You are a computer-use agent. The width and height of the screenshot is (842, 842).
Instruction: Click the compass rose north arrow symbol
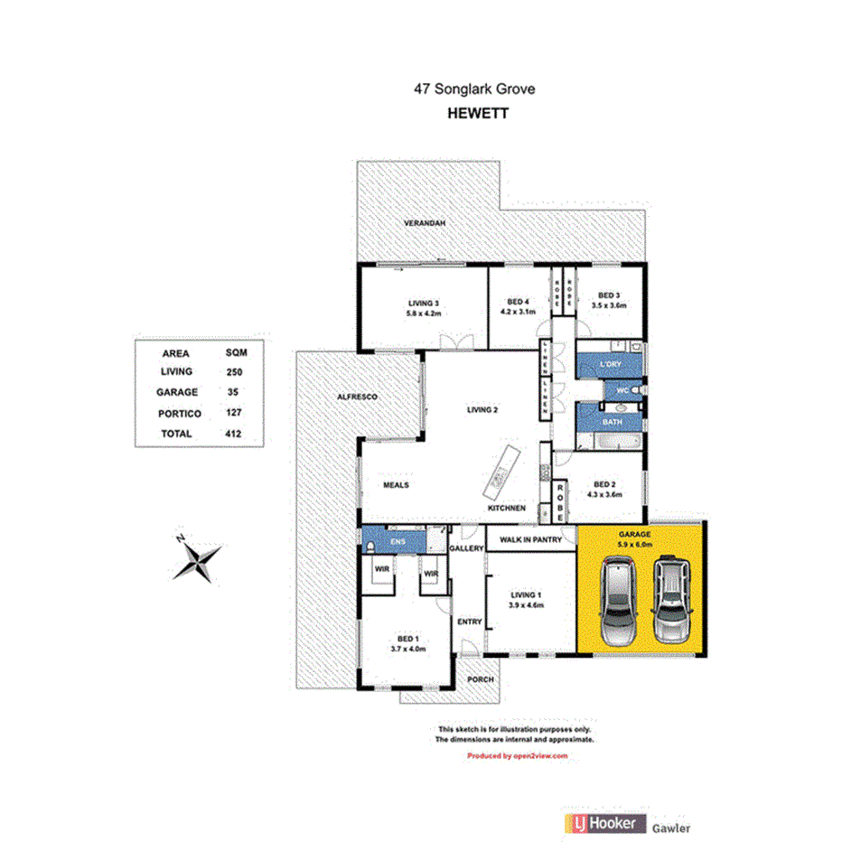click(x=198, y=558)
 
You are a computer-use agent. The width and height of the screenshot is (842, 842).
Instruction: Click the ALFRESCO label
click(x=356, y=397)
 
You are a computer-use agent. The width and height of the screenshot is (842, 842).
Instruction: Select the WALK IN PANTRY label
click(x=531, y=540)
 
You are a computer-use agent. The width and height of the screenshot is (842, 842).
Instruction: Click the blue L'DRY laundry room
click(x=610, y=365)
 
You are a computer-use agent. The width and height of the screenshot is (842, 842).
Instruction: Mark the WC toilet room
click(x=622, y=390)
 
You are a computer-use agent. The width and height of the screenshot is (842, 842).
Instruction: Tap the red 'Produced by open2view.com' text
click(x=517, y=755)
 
